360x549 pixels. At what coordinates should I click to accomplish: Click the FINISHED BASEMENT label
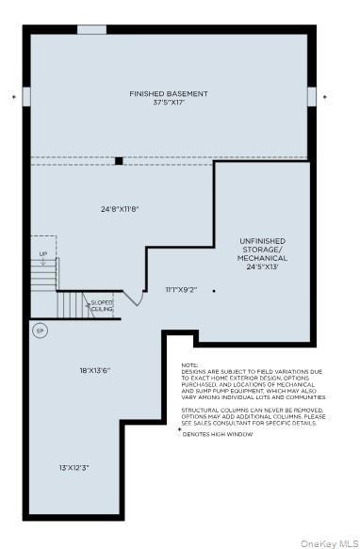(169, 93)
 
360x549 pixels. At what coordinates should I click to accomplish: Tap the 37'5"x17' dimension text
(169, 104)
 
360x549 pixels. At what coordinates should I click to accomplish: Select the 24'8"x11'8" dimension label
(121, 208)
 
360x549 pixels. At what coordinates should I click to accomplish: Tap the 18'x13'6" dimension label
(95, 370)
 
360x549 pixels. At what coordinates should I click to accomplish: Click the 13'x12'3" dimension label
(74, 467)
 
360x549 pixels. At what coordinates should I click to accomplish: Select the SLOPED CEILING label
(102, 305)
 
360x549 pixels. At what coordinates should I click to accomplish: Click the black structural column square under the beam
(119, 160)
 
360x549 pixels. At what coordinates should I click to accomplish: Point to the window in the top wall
(91, 29)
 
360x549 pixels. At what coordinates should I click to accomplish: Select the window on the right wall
(312, 96)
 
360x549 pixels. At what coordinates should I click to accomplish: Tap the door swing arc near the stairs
(134, 299)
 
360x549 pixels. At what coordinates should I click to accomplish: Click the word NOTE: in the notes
(190, 365)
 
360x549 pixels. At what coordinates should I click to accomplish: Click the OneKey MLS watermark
(327, 542)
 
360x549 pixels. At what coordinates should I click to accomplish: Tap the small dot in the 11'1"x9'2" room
(214, 291)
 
